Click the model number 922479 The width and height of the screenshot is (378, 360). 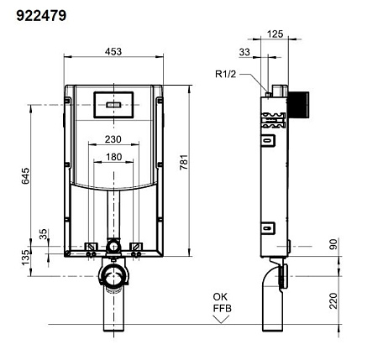coord(41,16)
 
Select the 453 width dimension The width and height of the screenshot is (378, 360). coord(113,51)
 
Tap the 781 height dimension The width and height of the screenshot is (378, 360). coord(184,162)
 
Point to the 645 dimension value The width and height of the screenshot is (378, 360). coord(25,176)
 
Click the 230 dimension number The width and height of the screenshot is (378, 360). coord(113,139)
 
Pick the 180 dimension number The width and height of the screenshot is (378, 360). coord(113,157)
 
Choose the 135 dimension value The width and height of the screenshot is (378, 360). coord(25,258)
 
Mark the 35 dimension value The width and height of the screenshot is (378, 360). coord(44,234)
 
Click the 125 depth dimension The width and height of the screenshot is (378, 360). coord(275,34)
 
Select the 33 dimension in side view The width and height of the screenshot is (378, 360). coord(244,52)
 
